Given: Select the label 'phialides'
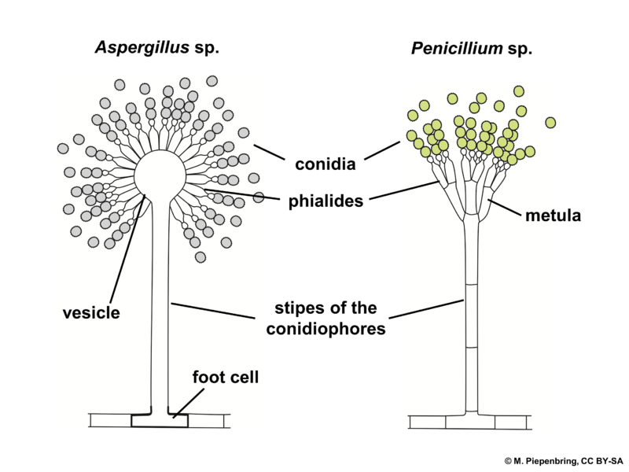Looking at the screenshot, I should tap(326, 201).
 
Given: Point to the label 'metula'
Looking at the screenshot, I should tap(554, 215).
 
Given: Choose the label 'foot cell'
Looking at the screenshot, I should tap(225, 377).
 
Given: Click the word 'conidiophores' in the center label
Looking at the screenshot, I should tap(326, 329).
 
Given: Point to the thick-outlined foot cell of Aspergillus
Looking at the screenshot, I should tap(160, 422).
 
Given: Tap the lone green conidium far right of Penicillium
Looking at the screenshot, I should tap(550, 122).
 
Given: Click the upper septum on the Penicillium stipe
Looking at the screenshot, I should tap(470, 283).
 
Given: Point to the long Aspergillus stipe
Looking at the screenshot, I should tap(160, 315).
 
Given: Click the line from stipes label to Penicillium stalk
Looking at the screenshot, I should tap(429, 309).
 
